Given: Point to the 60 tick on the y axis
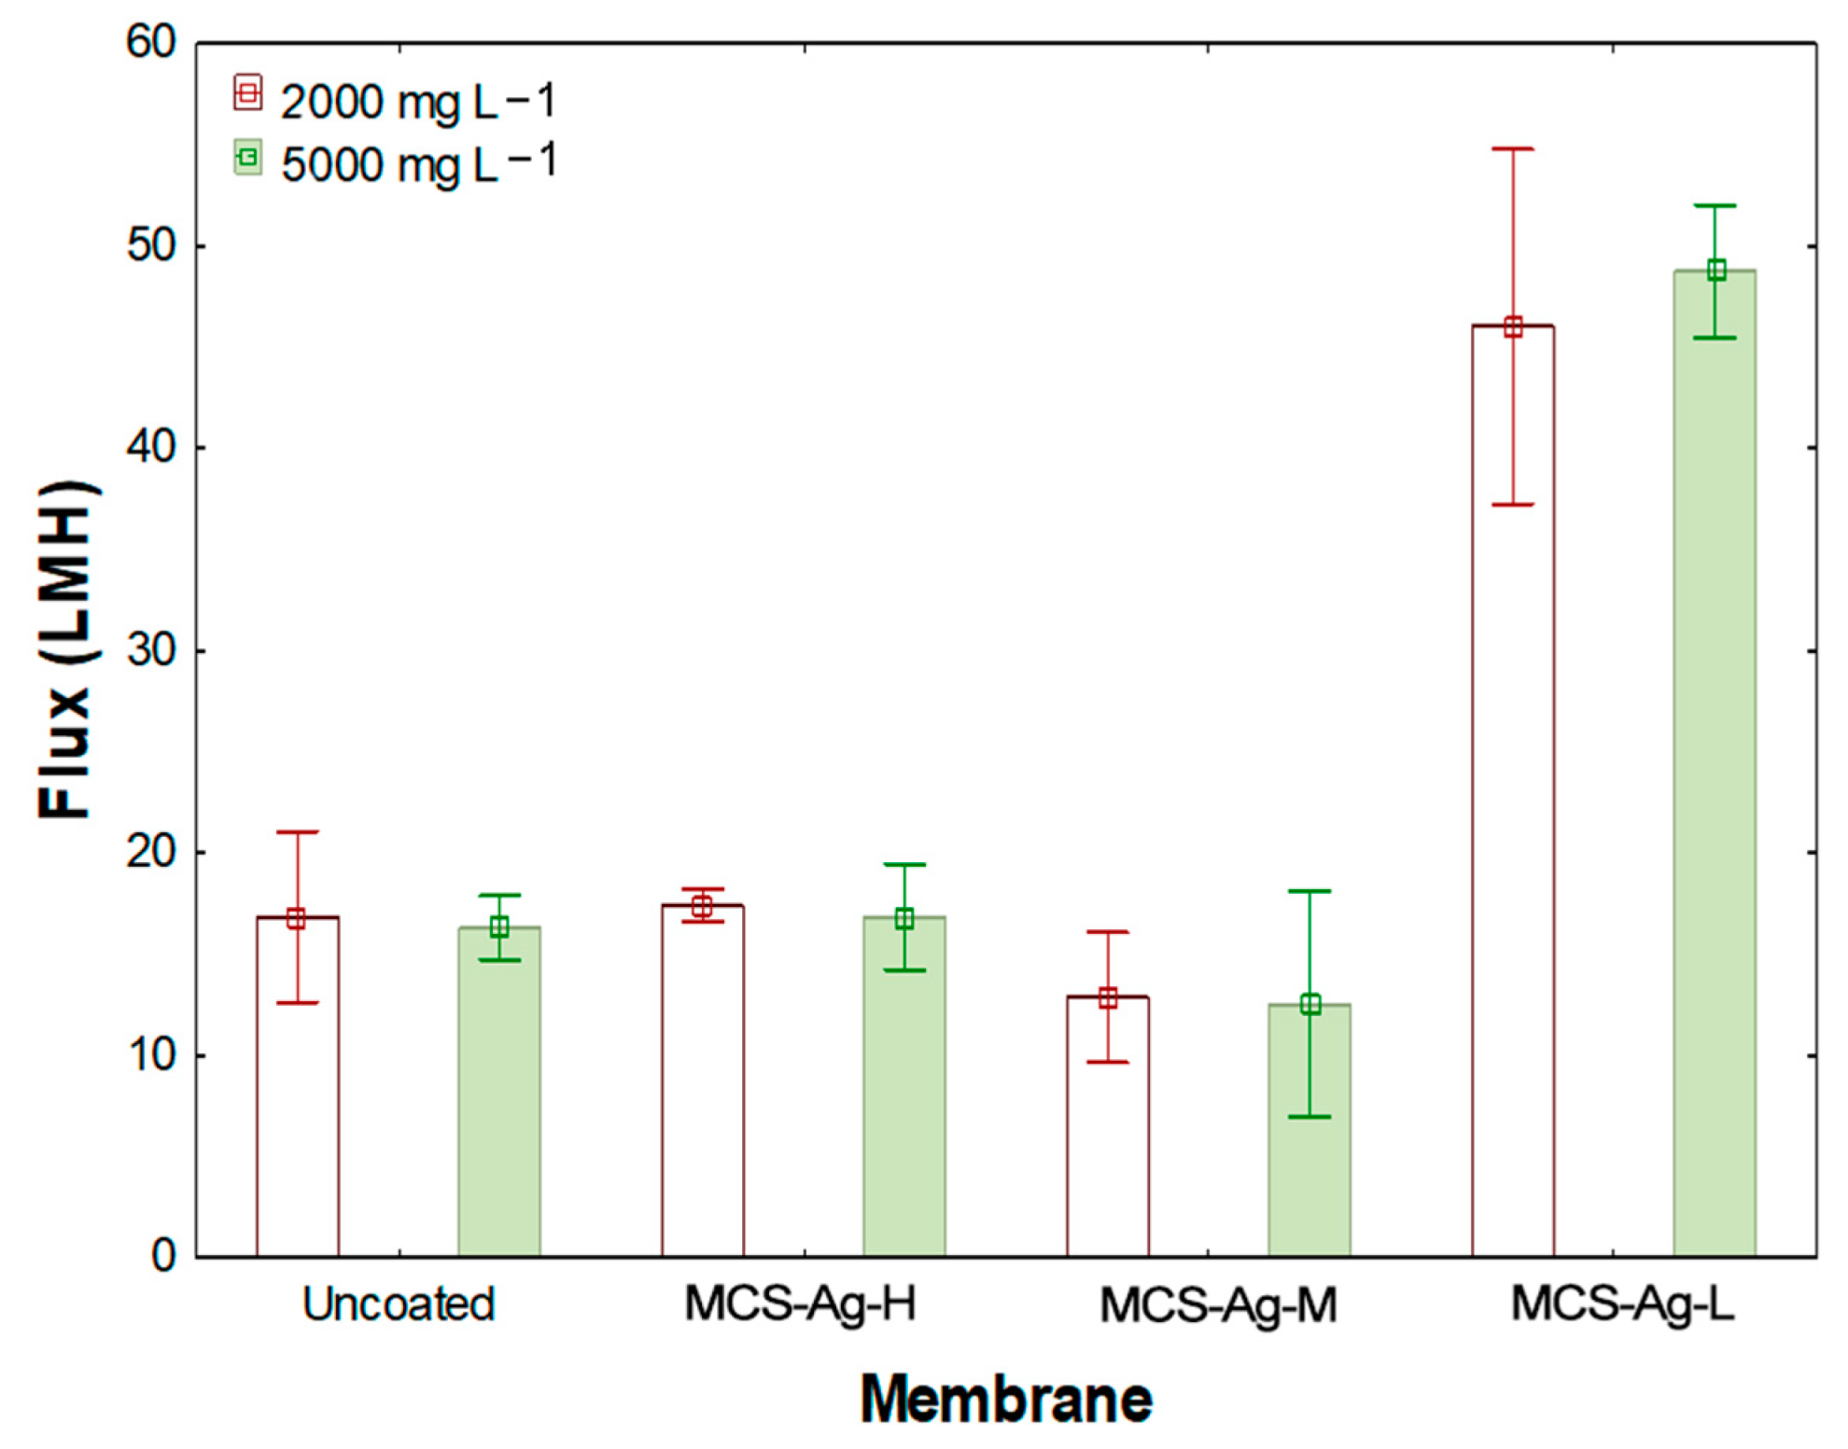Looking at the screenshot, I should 151,43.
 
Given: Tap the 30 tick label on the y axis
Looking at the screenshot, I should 151,649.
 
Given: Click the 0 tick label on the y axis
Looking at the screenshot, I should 163,1256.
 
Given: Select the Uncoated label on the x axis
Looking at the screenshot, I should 399,1304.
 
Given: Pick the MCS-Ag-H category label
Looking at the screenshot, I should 800,1304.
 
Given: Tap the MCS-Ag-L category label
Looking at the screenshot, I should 1622,1304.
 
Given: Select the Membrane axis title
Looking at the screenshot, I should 1006,1400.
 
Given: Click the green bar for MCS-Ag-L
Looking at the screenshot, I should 1715,765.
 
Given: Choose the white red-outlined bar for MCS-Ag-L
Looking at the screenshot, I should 1513,793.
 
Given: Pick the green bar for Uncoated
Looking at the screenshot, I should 499,1092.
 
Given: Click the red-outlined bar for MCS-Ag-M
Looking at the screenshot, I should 1108,1129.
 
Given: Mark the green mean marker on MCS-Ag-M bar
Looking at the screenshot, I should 1310,1005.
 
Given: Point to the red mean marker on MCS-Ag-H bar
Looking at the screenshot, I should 702,906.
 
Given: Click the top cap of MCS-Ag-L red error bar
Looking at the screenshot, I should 1513,148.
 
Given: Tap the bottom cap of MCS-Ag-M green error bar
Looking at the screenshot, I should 1310,1117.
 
